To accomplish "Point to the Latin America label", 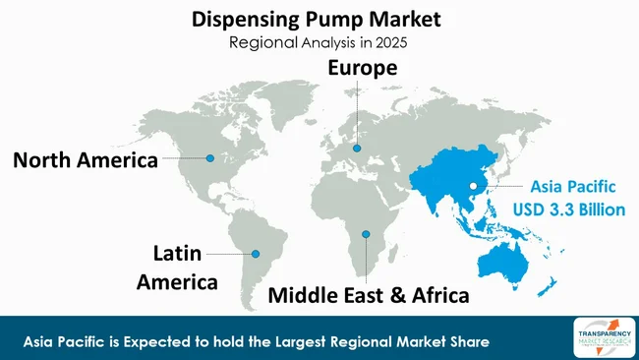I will click(x=184, y=268).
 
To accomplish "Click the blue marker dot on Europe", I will click(x=358, y=149).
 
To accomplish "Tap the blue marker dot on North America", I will click(x=208, y=157).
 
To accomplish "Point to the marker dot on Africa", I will click(x=366, y=234).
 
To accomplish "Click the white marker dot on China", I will click(x=473, y=185).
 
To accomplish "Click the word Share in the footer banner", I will click(x=468, y=340).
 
